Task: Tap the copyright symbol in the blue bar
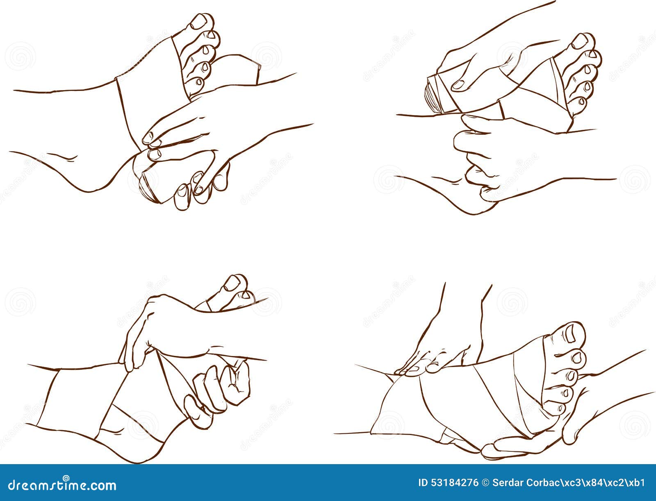pyautogui.click(x=484, y=483)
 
